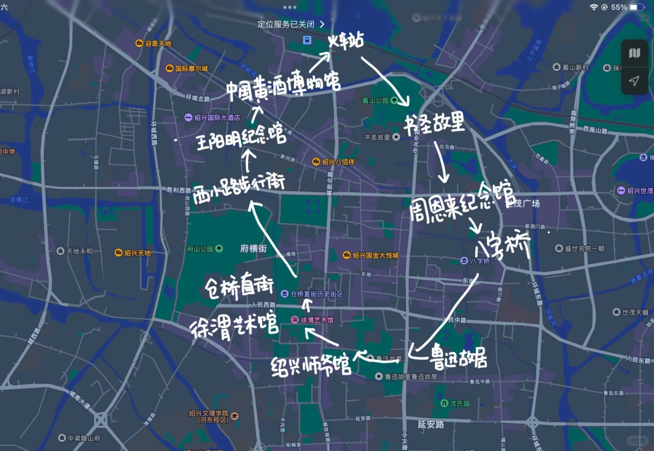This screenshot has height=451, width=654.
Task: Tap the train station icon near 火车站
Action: coord(307,40)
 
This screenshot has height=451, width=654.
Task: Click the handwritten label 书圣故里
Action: coord(434,124)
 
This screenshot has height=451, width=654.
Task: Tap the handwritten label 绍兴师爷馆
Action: coord(311,365)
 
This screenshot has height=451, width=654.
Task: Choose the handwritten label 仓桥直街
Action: coord(239,287)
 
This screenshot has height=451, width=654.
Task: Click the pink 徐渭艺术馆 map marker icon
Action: coord(295,320)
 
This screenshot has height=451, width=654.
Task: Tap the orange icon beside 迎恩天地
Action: coord(139,43)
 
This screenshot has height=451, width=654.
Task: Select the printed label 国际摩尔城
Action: coord(191,68)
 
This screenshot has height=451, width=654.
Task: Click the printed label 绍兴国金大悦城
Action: coord(375,255)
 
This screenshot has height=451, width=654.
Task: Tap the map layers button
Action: coord(634,53)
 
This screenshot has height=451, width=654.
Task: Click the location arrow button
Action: coord(634,81)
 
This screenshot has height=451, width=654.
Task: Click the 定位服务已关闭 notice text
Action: coord(286,24)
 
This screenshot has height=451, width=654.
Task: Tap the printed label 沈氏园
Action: coord(460,403)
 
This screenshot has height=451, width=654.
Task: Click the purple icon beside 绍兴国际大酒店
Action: coord(188,118)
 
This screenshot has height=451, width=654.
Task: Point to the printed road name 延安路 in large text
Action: coord(431,424)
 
